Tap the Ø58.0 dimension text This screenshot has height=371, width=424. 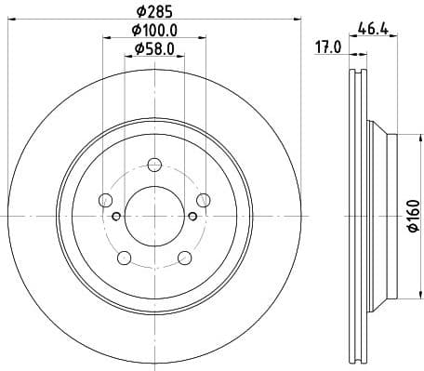point(153,49)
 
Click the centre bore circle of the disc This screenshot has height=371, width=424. point(153,215)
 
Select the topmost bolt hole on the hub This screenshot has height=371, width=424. point(153,166)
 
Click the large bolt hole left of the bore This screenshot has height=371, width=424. point(105,200)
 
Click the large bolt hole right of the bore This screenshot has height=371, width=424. point(202,200)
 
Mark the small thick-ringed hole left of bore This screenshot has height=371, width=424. point(115,217)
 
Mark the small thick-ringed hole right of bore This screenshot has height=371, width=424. point(192,217)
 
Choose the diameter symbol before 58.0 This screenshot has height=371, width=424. point(138,49)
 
